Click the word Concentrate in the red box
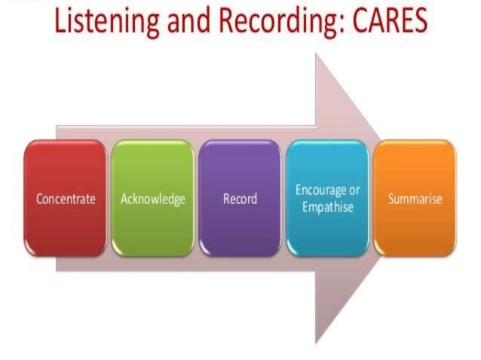pyautogui.click(x=66, y=200)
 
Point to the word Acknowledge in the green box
pyautogui.click(x=153, y=200)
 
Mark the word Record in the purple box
pyautogui.click(x=240, y=200)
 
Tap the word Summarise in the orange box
pyautogui.click(x=415, y=200)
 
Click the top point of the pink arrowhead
pyautogui.click(x=317, y=54)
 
